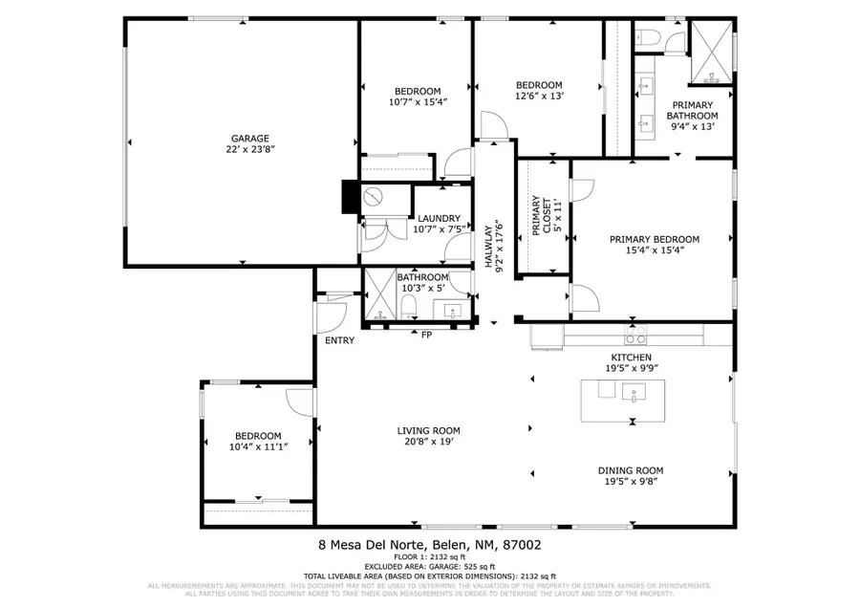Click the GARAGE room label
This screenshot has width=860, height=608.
248,138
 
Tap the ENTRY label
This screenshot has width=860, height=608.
339,340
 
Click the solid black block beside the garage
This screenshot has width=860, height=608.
349,196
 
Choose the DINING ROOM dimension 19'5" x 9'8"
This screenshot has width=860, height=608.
631,482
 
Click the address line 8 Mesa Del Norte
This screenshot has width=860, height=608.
429,545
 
